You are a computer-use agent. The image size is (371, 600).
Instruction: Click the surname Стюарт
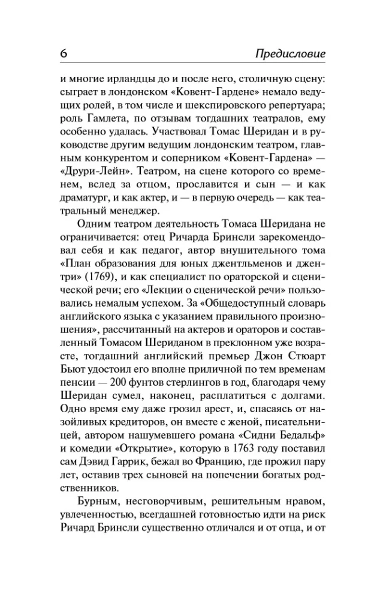(309, 336)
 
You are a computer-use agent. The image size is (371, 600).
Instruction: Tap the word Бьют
(74, 350)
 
